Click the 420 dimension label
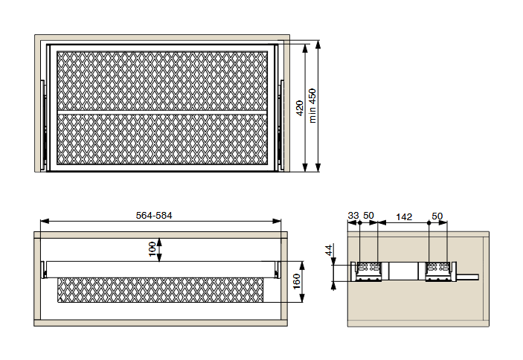click(300, 108)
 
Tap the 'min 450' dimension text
click(312, 106)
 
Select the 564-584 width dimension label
click(154, 216)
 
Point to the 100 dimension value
click(152, 249)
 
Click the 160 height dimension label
click(297, 282)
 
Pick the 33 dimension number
click(353, 216)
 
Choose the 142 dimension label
click(404, 217)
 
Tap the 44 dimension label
click(329, 250)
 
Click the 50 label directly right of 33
click(368, 216)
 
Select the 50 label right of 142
click(437, 216)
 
